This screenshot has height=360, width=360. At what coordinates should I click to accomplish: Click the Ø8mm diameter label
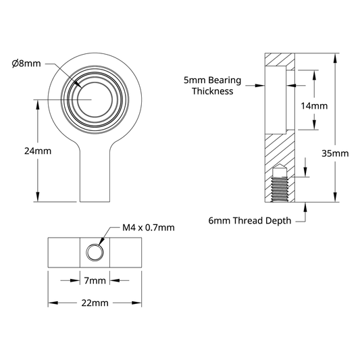tap(26, 63)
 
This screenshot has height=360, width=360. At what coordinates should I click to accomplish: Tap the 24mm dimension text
tap(38, 151)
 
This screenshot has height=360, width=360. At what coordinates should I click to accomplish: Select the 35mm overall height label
tap(335, 153)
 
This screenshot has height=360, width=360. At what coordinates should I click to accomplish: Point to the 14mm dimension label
tap(314, 106)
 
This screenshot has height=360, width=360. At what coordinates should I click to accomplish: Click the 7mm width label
tap(95, 280)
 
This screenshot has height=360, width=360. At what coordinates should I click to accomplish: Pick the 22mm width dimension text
tap(95, 303)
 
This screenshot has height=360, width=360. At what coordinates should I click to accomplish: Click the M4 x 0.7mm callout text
tap(149, 228)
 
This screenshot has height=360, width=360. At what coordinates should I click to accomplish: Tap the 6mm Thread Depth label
tap(250, 221)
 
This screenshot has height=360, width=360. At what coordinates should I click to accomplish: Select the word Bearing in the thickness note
tap(225, 80)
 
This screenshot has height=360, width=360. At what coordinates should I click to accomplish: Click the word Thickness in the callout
tap(213, 91)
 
